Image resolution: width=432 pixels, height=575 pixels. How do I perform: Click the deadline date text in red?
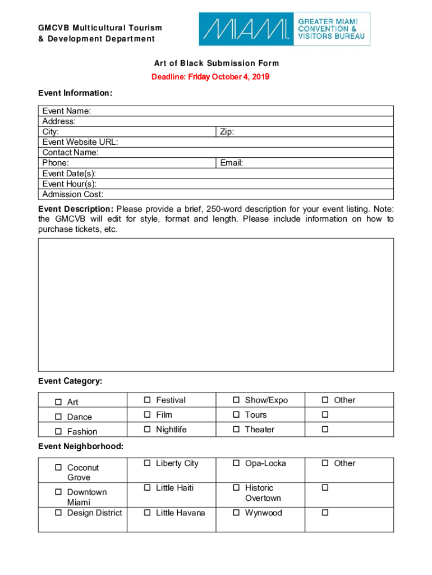click(210, 77)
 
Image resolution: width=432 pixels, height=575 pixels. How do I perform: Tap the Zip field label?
click(227, 132)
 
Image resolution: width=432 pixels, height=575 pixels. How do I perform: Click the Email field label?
click(231, 163)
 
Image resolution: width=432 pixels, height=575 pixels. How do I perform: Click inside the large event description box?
click(216, 304)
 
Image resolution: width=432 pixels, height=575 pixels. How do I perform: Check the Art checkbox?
click(58, 402)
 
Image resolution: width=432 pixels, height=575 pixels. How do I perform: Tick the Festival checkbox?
click(147, 400)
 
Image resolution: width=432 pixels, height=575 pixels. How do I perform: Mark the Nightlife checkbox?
click(147, 430)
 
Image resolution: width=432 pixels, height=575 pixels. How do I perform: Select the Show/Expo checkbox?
click(236, 400)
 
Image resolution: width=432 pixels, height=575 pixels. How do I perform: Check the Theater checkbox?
click(236, 430)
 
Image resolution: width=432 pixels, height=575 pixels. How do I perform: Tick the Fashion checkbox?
click(58, 431)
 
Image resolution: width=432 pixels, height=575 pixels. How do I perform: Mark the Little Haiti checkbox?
click(147, 488)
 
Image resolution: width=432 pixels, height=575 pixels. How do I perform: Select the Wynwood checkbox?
click(236, 513)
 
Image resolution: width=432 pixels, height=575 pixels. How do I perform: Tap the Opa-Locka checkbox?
click(236, 463)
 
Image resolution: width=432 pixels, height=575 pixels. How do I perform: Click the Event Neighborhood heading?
click(81, 446)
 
